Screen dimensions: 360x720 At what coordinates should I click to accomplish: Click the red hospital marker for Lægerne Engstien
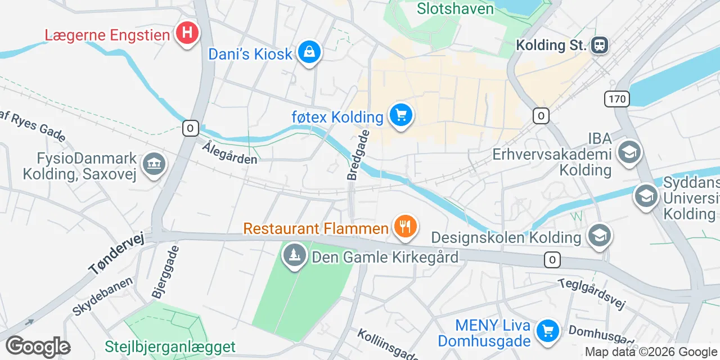[187, 34]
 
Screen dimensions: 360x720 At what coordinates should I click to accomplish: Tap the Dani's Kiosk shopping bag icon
[309, 53]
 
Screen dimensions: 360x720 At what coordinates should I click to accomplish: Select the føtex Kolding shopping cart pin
[400, 116]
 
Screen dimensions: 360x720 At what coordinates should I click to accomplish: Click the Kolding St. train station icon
[600, 44]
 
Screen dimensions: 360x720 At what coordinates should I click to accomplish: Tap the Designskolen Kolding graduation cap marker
[600, 236]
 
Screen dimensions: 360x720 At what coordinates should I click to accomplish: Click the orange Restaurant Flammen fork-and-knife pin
[404, 227]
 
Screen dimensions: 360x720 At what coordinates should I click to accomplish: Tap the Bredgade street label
[359, 155]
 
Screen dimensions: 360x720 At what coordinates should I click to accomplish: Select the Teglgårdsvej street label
[592, 293]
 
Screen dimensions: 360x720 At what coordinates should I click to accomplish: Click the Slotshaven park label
[456, 8]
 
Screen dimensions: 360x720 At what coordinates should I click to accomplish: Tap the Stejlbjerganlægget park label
[170, 346]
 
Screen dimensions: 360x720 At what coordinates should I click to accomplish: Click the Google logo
[38, 346]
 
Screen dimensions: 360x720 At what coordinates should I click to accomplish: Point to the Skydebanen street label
[102, 295]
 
